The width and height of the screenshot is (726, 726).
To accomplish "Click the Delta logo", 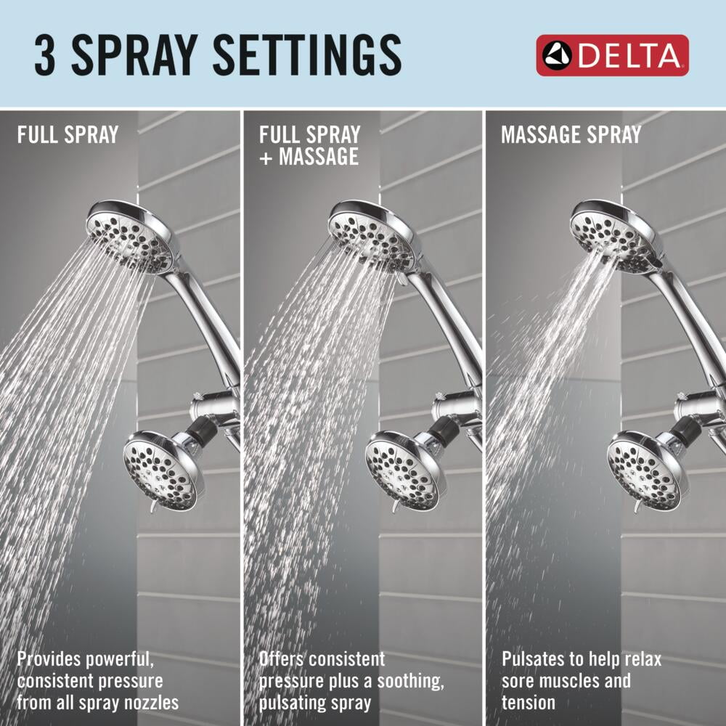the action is pyautogui.click(x=612, y=55).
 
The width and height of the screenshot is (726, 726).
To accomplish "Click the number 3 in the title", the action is pyautogui.click(x=45, y=55).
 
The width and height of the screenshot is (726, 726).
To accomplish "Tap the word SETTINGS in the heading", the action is pyautogui.click(x=307, y=55).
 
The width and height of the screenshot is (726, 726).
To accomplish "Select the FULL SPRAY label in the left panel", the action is pyautogui.click(x=68, y=135).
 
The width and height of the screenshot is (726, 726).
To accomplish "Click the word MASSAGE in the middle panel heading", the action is pyautogui.click(x=319, y=156).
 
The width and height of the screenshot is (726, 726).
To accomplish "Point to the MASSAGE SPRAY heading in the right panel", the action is pyautogui.click(x=571, y=135).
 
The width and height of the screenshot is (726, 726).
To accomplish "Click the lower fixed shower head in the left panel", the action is pyautogui.click(x=163, y=470).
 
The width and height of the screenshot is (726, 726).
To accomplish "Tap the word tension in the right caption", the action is pyautogui.click(x=529, y=702).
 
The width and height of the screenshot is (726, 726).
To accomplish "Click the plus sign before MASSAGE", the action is pyautogui.click(x=266, y=158).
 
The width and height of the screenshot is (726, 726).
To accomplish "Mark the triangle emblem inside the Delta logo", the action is pyautogui.click(x=557, y=55).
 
